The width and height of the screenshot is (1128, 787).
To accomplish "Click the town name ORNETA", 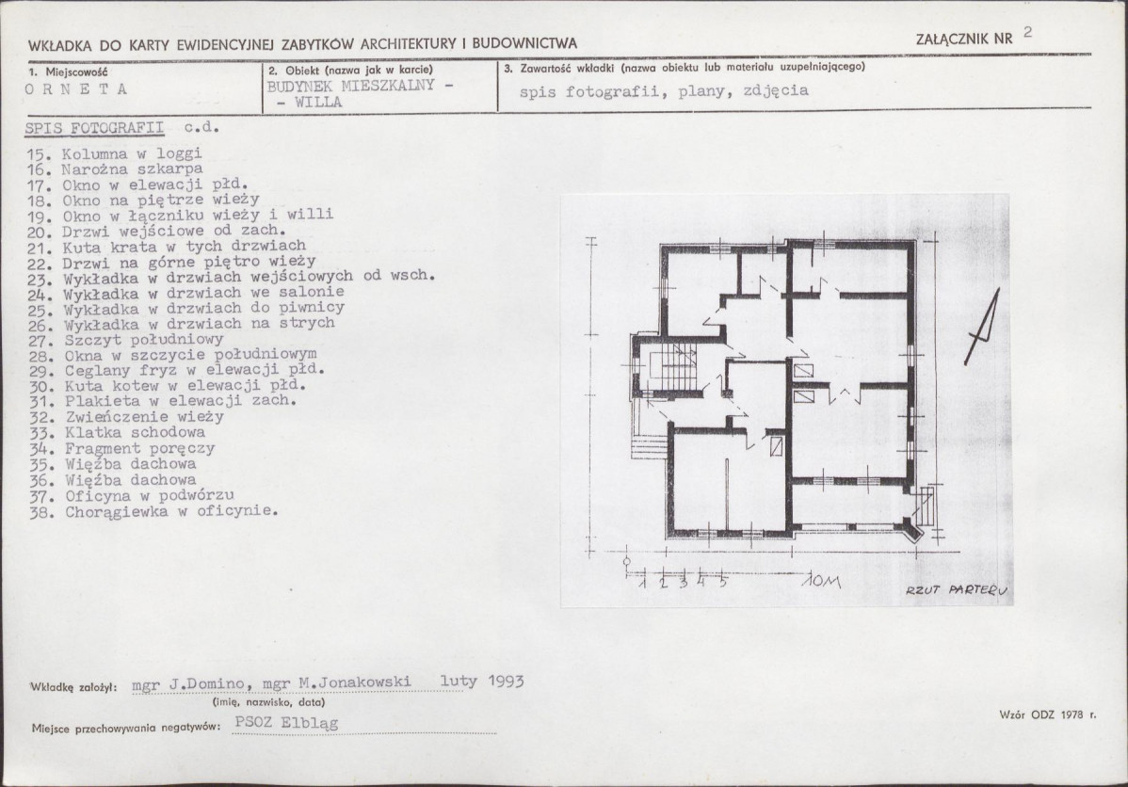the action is (76, 89).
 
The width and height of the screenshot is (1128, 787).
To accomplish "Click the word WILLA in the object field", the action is (318, 103).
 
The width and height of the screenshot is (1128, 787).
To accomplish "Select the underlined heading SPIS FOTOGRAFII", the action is (94, 128).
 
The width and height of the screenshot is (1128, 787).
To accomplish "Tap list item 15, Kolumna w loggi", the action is (115, 153).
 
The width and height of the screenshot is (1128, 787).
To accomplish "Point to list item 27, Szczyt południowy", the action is (126, 340).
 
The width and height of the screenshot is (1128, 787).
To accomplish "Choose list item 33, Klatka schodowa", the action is (118, 432).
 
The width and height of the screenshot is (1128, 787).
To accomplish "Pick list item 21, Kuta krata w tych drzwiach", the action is (167, 246).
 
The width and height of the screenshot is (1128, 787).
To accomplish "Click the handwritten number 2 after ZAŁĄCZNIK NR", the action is (1027, 32).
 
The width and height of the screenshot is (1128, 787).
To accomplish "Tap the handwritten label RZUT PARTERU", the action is (957, 590).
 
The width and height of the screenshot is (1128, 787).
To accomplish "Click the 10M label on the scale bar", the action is (821, 581).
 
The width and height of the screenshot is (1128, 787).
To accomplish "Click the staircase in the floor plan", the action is (672, 368).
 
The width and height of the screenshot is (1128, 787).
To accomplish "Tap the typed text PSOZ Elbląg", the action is (286, 724).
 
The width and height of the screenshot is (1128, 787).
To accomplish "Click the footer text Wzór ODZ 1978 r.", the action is (1047, 715).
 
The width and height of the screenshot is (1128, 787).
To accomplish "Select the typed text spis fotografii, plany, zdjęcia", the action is (664, 90).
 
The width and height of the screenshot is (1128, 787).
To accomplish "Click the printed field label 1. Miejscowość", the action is (69, 72).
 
